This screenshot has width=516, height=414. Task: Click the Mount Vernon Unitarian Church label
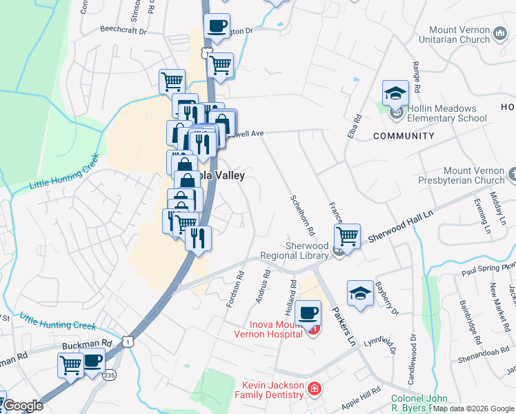pos(459,34)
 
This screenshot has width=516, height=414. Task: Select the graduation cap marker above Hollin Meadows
pos(396,93)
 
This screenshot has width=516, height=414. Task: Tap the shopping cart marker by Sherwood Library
pos(348,237)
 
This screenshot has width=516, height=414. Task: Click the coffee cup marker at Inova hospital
pos(308,313)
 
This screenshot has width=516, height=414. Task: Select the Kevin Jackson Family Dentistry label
pos(272,390)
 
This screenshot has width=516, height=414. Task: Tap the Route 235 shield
pos(110,375)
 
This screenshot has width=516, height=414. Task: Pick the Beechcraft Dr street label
pos(124,31)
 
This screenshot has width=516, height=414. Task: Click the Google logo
pos(23,405)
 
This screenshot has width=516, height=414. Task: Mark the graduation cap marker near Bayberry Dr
pos(360,293)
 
